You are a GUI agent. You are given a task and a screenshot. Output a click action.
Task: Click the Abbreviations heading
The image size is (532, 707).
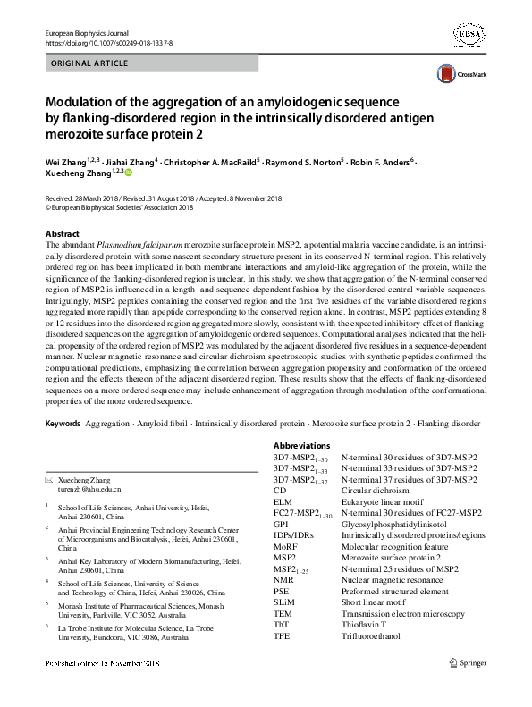tap(302, 445)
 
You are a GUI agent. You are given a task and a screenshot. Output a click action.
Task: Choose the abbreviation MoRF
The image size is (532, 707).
tap(286, 545)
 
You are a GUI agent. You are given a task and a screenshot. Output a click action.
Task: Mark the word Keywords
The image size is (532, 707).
tap(62, 423)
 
